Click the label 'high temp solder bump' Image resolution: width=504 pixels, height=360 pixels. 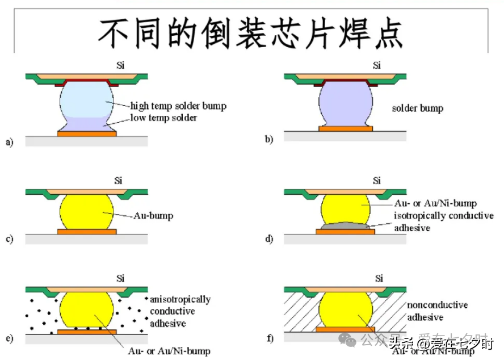[178, 106]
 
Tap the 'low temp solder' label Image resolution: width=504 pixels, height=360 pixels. [163, 118]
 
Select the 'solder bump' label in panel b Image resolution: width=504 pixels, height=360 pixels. [418, 108]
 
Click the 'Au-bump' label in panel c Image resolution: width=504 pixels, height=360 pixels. [152, 216]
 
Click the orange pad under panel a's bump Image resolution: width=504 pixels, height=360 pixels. [87, 133]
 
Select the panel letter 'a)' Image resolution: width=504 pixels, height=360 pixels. [10, 141]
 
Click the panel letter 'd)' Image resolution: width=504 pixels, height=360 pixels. [270, 239]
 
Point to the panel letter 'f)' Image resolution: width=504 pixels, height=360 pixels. [270, 339]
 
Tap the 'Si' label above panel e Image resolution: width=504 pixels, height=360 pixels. [120, 278]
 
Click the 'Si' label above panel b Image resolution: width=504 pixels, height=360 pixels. [377, 65]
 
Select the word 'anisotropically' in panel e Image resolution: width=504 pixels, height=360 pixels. [180, 299]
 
